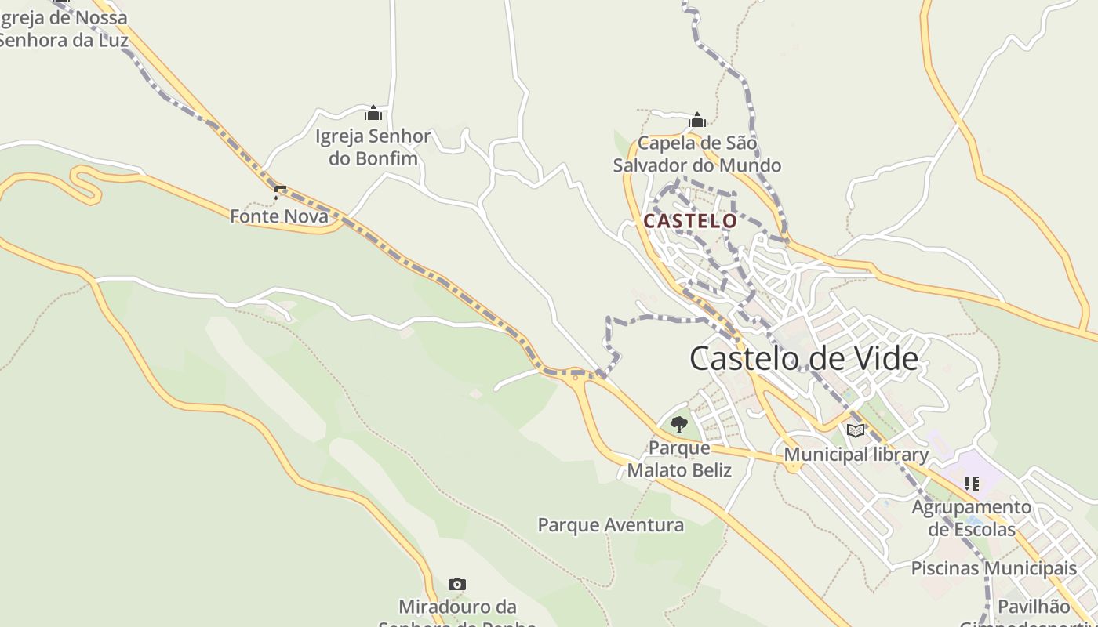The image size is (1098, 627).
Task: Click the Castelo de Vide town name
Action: click(x=804, y=358)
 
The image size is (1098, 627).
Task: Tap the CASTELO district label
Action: click(x=690, y=221)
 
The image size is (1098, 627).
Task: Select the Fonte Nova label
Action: click(x=279, y=216)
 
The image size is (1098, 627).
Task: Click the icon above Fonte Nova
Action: click(x=280, y=191)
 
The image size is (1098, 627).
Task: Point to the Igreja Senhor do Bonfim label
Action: click(x=373, y=147)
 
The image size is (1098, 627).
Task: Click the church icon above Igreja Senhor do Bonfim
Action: click(x=373, y=113)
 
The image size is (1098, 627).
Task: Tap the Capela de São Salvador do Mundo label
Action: click(x=697, y=154)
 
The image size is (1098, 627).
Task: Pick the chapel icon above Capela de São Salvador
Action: click(x=697, y=120)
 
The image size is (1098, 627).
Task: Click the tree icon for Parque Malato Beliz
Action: click(x=679, y=425)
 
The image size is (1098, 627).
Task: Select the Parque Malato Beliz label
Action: click(x=679, y=459)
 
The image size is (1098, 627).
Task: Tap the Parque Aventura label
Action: click(x=611, y=525)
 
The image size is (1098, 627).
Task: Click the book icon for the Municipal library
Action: click(x=856, y=430)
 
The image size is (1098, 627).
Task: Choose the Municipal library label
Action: click(x=856, y=455)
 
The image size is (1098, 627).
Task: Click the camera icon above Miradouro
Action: click(x=457, y=584)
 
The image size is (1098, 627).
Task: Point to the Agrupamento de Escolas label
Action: click(x=972, y=518)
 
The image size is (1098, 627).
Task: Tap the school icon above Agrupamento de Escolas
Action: click(x=972, y=484)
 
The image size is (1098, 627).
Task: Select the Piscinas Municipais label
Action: click(x=994, y=568)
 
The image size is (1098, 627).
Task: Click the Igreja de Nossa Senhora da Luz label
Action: click(x=63, y=28)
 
